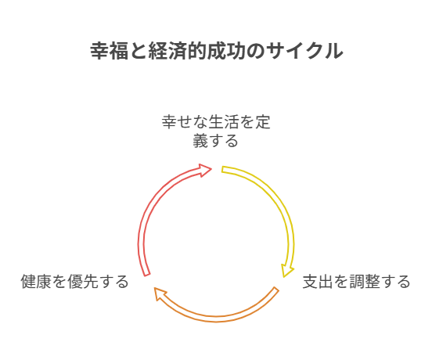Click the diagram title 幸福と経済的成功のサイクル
[217, 51]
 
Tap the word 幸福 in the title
[109, 51]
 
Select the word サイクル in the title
[304, 51]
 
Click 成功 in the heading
[226, 51]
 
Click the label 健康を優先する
[75, 282]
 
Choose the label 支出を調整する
[357, 282]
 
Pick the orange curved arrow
[216, 319]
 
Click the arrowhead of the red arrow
[205, 170]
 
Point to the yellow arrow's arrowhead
[286, 271]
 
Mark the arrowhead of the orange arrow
[160, 293]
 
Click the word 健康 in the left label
[36, 282]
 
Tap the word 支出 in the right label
[318, 282]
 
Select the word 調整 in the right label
[364, 282]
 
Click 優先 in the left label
[83, 282]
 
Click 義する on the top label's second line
[215, 141]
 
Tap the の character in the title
[255, 51]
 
